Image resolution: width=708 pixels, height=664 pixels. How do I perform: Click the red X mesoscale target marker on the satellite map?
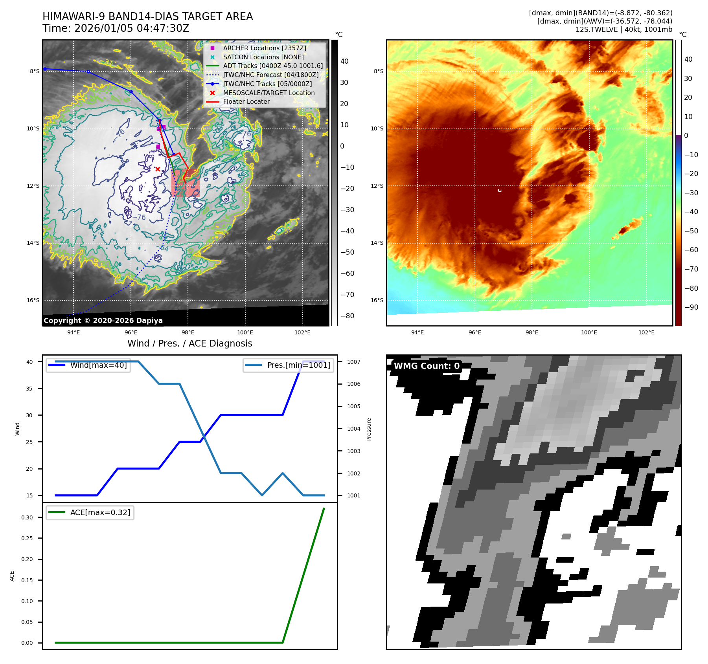158,169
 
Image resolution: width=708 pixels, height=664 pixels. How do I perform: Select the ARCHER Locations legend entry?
264,48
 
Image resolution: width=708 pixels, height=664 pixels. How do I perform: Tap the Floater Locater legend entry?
246,102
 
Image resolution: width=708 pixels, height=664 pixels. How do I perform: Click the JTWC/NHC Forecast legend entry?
270,75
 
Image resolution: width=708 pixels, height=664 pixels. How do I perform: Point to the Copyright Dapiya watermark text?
103,321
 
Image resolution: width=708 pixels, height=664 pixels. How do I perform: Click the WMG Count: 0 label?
427,366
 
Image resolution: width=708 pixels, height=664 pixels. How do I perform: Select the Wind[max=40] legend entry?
98,365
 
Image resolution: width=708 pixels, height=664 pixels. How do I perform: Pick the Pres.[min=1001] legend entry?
298,365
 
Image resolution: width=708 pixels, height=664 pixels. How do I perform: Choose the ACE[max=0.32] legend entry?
100,512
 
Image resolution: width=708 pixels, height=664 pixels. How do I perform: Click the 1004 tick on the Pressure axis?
353,429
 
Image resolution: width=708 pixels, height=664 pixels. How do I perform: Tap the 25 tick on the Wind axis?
30,442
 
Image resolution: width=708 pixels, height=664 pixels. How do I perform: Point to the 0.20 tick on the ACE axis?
27,559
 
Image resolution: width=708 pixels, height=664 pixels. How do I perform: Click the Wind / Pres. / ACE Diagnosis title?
189,343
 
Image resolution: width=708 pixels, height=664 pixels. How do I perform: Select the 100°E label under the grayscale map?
245,332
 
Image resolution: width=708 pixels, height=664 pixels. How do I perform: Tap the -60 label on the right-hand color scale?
691,250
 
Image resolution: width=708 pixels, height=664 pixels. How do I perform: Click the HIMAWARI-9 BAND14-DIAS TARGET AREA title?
147,17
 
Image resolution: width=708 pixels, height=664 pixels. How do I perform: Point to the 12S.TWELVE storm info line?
623,29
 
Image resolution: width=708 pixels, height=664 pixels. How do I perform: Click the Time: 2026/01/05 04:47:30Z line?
116,28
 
